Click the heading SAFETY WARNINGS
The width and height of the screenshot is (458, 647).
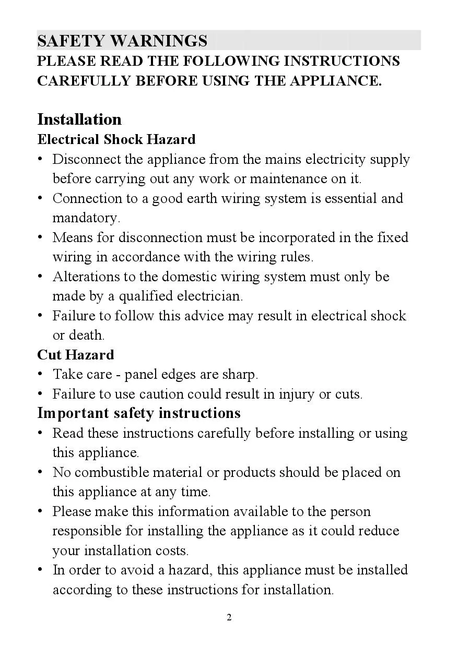click(x=122, y=41)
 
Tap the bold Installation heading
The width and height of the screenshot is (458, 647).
click(x=79, y=119)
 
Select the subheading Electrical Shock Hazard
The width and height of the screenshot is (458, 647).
click(x=116, y=139)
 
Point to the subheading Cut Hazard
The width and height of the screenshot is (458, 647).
click(x=75, y=355)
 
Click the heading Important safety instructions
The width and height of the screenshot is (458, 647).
click(x=139, y=413)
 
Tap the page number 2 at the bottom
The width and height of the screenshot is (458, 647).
click(x=229, y=618)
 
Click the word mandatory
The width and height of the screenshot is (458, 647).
click(x=86, y=218)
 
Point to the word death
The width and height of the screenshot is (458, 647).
click(x=87, y=335)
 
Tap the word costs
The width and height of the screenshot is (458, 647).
click(x=172, y=551)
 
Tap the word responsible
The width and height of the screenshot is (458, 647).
click(x=88, y=531)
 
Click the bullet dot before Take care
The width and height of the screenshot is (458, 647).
click(x=40, y=374)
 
